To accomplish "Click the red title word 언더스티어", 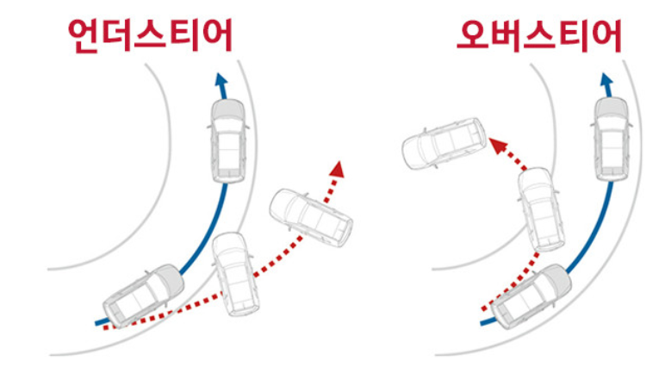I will point(151,36).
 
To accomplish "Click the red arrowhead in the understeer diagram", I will point(337,166).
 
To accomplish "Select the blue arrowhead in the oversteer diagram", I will point(607,81).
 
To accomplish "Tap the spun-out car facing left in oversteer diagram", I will point(444,143).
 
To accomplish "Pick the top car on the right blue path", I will point(612,137).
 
